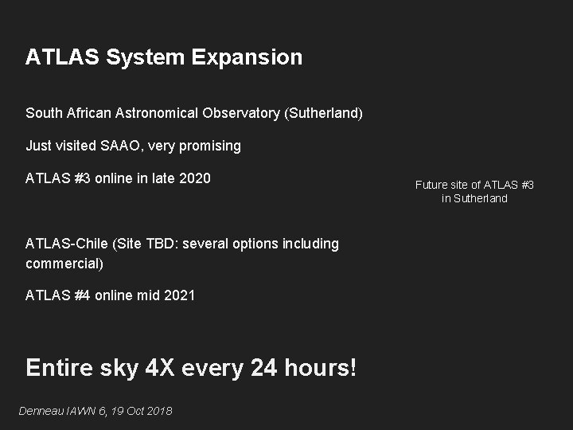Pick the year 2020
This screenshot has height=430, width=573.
195,178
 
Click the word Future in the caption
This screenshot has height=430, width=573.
431,185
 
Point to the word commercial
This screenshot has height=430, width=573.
64,262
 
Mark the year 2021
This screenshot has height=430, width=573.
179,295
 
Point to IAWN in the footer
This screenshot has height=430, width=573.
80,411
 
